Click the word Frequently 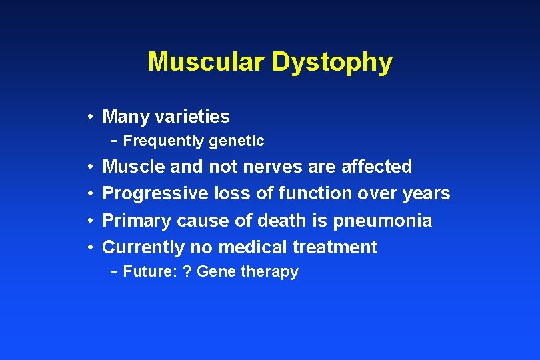pos(164,141)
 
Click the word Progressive pos(155,193)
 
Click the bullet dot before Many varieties pos(89,117)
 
